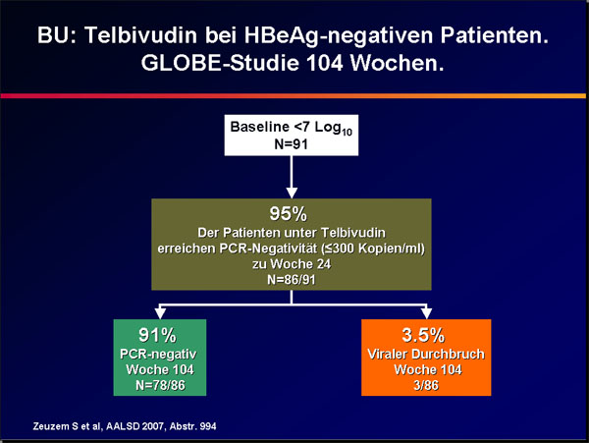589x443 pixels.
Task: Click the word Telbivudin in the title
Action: click(x=140, y=35)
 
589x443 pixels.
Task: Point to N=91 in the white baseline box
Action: click(x=292, y=144)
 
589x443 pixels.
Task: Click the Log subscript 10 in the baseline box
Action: click(x=348, y=132)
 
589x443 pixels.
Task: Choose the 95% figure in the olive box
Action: click(x=288, y=214)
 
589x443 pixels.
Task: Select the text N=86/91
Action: click(x=292, y=280)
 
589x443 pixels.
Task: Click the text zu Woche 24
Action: click(x=292, y=264)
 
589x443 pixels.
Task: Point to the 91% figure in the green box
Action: click(x=157, y=335)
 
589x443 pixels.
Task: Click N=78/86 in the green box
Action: click(x=160, y=385)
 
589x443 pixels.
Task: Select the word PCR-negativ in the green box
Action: click(x=158, y=355)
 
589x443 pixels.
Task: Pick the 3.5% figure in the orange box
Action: click(x=423, y=335)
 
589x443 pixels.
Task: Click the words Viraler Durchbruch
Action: click(x=426, y=355)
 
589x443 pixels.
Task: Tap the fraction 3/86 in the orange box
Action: click(x=426, y=385)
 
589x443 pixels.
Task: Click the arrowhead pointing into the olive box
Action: click(x=292, y=193)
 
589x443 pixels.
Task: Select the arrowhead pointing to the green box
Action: click(x=160, y=313)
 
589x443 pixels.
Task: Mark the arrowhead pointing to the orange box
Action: click(x=427, y=313)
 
